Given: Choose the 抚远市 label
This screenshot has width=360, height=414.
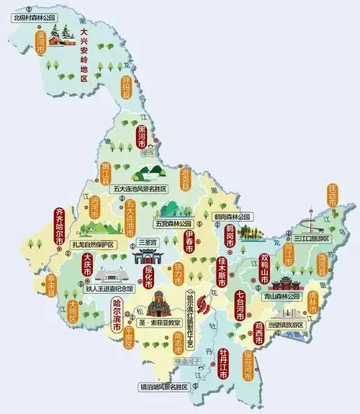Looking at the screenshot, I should click(x=332, y=194).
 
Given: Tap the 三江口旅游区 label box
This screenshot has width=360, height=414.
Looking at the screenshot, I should click(x=311, y=238).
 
